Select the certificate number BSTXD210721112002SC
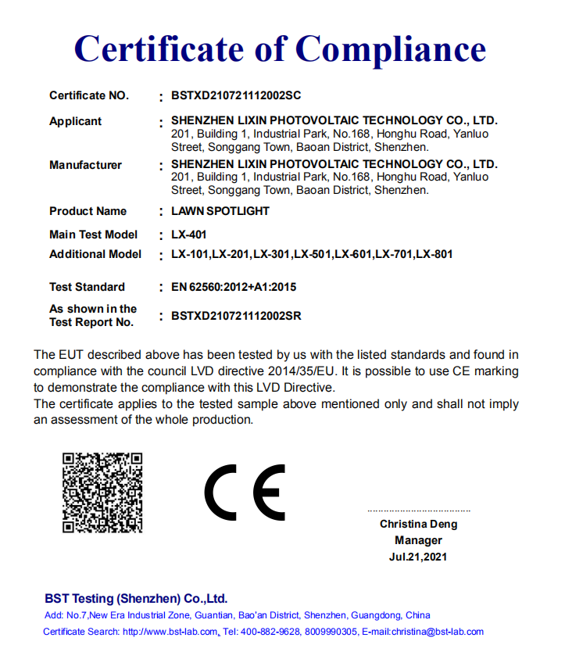tap(236, 96)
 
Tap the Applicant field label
tap(75, 121)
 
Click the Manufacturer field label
tap(85, 165)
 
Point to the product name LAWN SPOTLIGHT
tap(220, 211)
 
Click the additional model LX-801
tap(434, 254)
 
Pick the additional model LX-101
tap(190, 254)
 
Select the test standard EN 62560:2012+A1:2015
tap(234, 287)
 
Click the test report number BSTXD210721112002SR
tap(236, 316)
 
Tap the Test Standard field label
tap(87, 287)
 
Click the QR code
tap(102, 493)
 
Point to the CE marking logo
tap(245, 493)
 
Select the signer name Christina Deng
tap(419, 524)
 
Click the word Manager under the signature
tap(418, 540)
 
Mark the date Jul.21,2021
tap(418, 557)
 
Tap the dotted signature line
tap(419, 510)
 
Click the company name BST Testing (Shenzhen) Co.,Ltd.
tap(136, 599)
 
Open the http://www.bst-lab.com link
tap(170, 632)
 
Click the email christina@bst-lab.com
tap(438, 632)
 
